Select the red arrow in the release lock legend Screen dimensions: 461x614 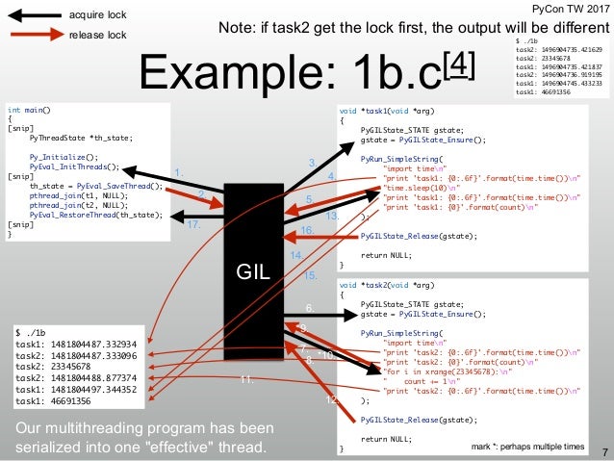[x=35, y=36]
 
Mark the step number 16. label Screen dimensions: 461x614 [x=307, y=231]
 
